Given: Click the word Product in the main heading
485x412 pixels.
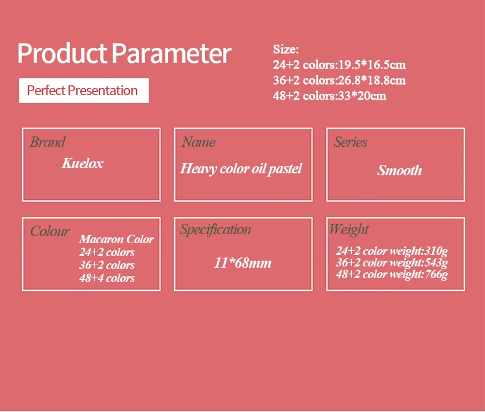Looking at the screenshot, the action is tap(62, 53).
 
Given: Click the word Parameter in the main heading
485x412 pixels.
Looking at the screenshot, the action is tap(171, 53).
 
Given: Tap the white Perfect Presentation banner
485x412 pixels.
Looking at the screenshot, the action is tap(83, 91).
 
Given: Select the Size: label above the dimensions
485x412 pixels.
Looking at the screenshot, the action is tap(286, 49).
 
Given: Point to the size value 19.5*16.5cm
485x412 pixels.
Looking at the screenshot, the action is tap(372, 65).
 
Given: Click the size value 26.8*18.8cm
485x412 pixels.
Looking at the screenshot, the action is tap(372, 80).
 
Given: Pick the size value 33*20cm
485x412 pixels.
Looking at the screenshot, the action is tap(362, 96).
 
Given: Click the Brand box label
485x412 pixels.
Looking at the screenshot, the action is tap(48, 142).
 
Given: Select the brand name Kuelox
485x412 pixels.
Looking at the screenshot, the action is tap(83, 163).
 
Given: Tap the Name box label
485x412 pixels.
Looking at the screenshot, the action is tap(199, 142).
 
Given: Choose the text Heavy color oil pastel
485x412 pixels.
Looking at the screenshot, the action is tap(241, 169).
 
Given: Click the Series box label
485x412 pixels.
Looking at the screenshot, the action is tap(350, 142).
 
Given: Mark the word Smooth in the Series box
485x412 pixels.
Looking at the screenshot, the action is tap(400, 170).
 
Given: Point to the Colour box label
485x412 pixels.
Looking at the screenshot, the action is tap(50, 231).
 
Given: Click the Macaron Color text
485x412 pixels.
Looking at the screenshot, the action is tap(116, 239).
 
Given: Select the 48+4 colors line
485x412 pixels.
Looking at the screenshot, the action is tap(107, 278).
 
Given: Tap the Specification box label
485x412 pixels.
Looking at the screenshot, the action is tap(215, 230).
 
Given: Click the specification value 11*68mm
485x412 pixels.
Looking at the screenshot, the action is tap(242, 263).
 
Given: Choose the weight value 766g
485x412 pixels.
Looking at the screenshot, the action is tap(436, 274).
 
